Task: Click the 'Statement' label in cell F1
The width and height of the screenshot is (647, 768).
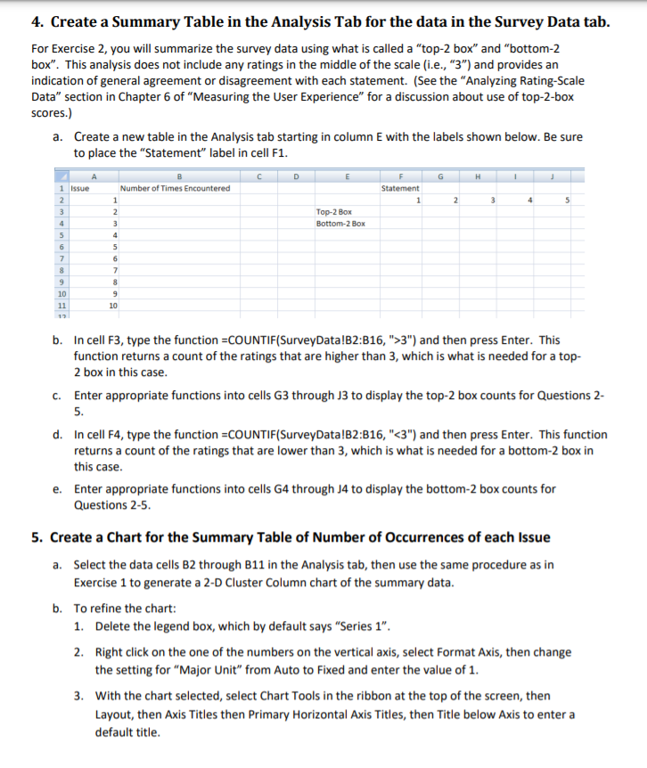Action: pyautogui.click(x=400, y=188)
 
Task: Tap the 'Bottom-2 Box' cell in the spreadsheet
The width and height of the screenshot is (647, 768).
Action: pyautogui.click(x=340, y=224)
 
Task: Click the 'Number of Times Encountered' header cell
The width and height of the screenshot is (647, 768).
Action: pyautogui.click(x=175, y=188)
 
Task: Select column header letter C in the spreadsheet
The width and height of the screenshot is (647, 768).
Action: pyautogui.click(x=258, y=176)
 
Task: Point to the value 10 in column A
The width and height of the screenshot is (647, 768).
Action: pyautogui.click(x=112, y=304)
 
